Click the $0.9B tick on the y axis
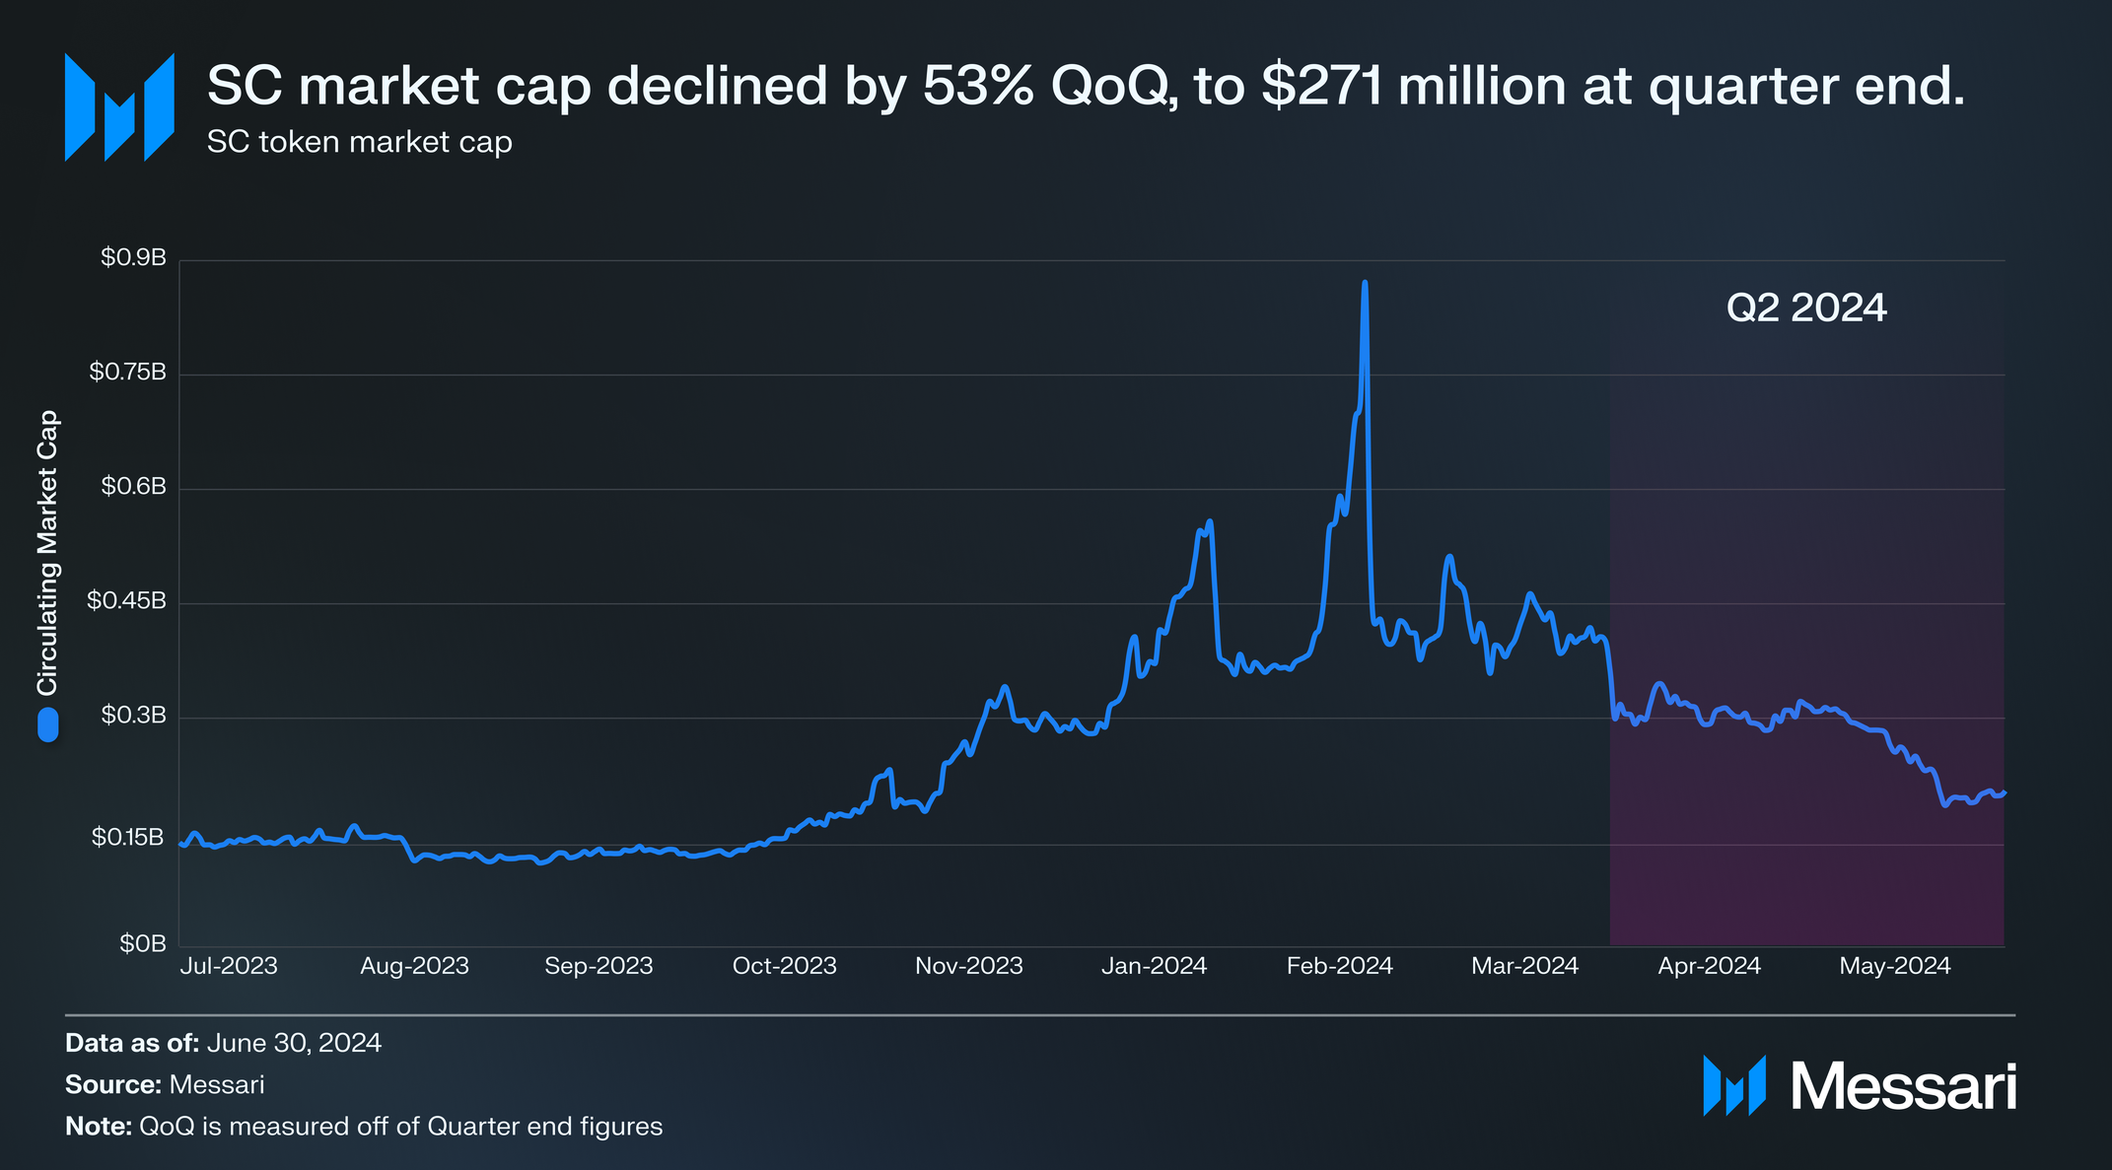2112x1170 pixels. tap(133, 258)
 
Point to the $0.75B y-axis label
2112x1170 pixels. tap(127, 373)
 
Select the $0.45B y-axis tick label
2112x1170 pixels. tap(126, 601)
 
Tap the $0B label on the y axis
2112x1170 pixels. tap(143, 944)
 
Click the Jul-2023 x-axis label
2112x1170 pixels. tap(229, 966)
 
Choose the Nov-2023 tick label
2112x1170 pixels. tap(969, 966)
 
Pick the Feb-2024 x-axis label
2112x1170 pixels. tap(1340, 966)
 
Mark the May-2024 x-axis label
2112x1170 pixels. tap(1895, 966)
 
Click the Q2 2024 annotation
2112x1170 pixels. tap(1806, 308)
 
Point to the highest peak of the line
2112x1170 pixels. tap(1365, 283)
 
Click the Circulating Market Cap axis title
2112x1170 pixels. tap(47, 552)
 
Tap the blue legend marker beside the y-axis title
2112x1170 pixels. tap(47, 724)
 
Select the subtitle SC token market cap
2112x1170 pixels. tap(360, 143)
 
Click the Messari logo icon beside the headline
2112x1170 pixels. tap(119, 106)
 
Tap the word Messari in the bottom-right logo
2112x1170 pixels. tap(1902, 1087)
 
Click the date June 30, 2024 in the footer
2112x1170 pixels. tap(294, 1043)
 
